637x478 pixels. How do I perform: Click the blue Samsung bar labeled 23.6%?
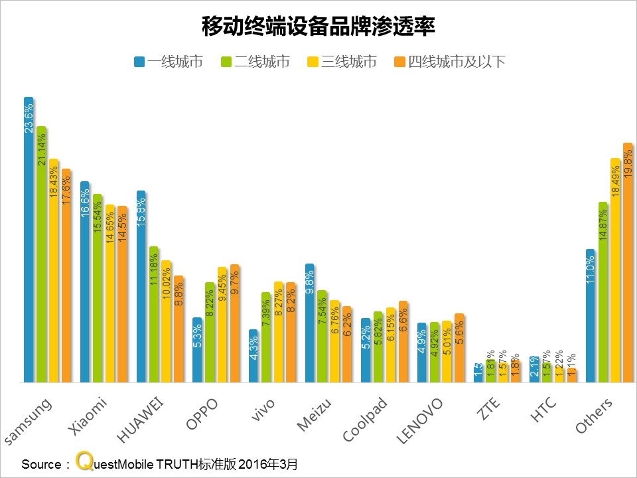tap(29, 239)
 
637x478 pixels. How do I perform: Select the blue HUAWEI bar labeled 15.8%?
tap(141, 285)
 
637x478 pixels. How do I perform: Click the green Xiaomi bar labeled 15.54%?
tap(98, 288)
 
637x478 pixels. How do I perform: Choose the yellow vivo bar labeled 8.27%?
tap(278, 332)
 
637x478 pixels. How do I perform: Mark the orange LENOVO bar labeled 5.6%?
tap(459, 348)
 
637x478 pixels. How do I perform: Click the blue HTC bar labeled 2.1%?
tap(534, 369)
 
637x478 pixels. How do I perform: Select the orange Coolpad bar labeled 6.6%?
tap(403, 341)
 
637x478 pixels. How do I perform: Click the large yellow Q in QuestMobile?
tap(84, 461)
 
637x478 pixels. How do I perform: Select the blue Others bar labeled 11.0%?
tap(591, 315)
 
